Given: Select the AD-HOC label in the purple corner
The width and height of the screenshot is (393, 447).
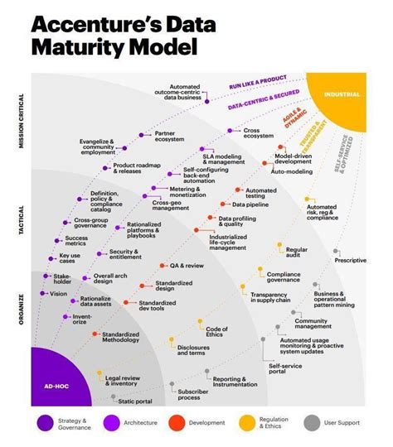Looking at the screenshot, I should (56, 385).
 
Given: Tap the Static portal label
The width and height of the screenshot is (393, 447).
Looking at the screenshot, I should (135, 401).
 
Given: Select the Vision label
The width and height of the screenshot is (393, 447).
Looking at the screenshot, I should (59, 294).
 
